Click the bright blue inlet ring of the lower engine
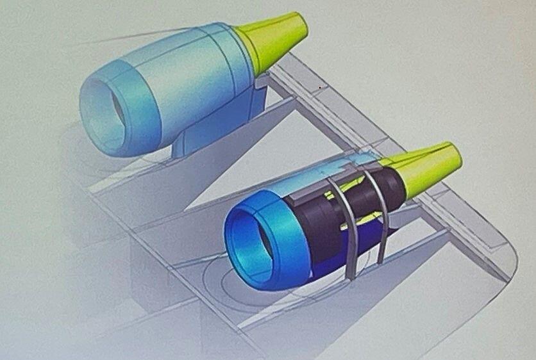(x=282, y=231)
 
